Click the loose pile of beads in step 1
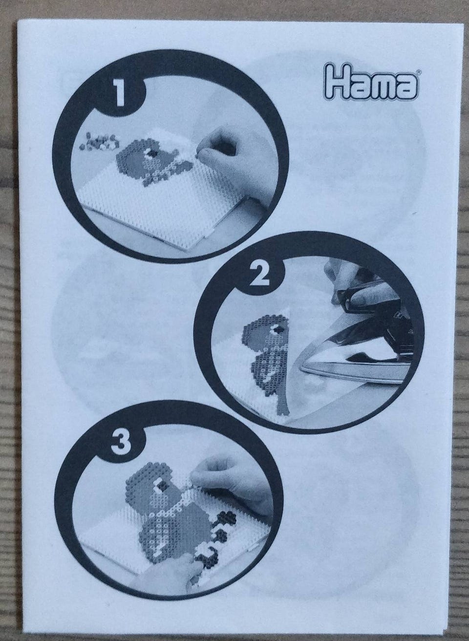[x=100, y=141]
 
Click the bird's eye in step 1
[x=151, y=153]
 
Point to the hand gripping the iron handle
[x=355, y=289]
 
